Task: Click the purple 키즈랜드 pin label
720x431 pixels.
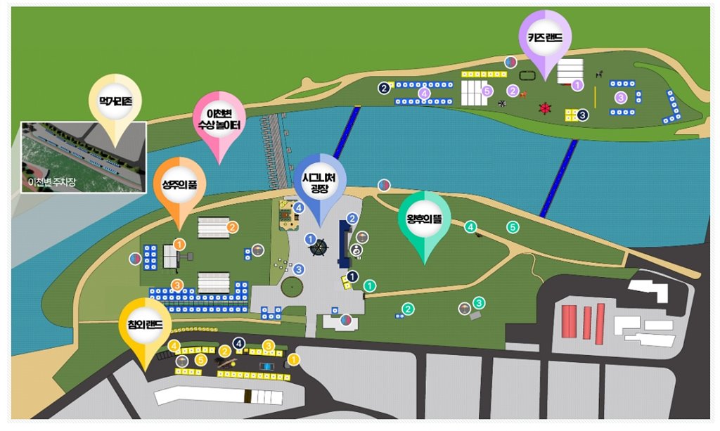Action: tap(544, 39)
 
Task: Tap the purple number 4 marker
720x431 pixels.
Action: tap(424, 92)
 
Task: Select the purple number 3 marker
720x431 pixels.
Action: tap(621, 97)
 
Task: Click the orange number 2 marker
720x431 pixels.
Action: tap(232, 226)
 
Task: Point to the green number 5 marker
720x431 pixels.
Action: tap(513, 227)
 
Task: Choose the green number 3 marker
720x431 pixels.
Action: tap(479, 303)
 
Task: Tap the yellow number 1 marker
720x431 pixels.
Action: tap(294, 359)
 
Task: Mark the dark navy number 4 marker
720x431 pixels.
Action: tap(239, 344)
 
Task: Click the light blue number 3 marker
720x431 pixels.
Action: tap(299, 269)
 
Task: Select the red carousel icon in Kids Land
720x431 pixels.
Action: tap(544, 108)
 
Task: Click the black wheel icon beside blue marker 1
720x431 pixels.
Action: tap(320, 247)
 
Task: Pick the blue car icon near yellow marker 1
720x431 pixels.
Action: tap(266, 366)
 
